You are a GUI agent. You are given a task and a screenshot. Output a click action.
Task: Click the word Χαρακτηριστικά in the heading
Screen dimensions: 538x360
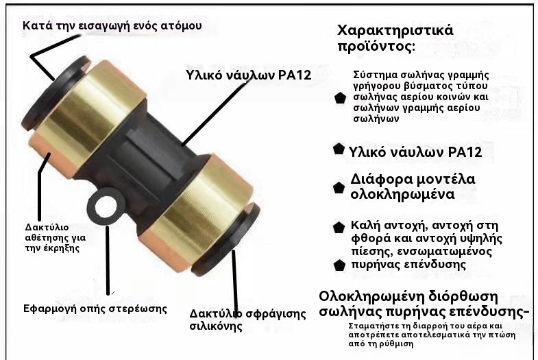[395, 31]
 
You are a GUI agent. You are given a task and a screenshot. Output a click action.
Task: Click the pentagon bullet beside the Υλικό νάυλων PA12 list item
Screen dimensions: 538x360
[339, 149]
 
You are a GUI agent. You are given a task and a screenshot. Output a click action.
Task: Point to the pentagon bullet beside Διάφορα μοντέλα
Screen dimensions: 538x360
[339, 188]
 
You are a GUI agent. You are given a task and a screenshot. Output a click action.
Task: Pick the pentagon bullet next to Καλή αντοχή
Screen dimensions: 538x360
[339, 227]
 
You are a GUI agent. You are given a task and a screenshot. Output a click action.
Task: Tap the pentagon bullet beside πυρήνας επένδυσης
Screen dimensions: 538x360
[339, 265]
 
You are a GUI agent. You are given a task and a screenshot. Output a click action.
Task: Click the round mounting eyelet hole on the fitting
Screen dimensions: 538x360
[105, 207]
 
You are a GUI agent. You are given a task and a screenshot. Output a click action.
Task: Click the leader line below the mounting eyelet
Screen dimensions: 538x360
[108, 260]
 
